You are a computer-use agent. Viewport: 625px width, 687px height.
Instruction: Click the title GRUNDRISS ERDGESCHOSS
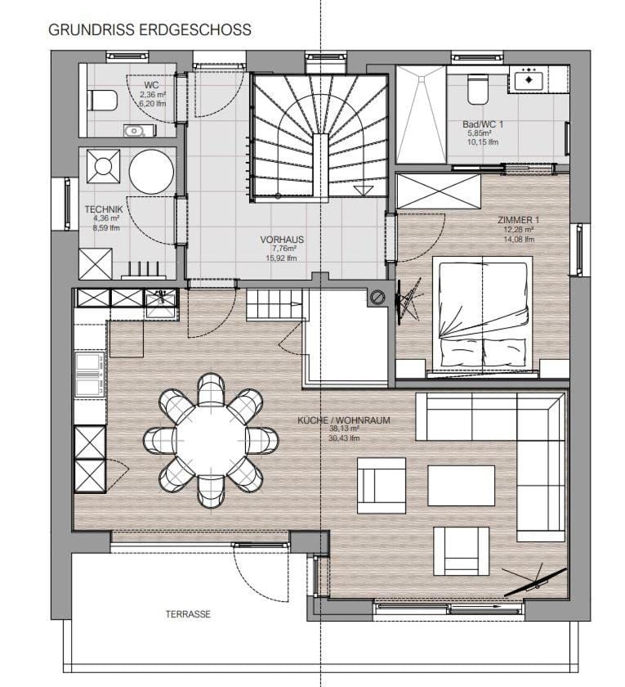[150, 30]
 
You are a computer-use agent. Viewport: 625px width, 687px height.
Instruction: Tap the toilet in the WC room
[101, 101]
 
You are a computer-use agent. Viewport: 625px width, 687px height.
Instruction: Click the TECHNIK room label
[103, 209]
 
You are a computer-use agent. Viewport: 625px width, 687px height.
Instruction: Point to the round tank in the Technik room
[151, 172]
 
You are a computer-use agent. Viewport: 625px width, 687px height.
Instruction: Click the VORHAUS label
[282, 240]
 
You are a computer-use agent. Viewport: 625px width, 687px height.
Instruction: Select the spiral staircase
[319, 135]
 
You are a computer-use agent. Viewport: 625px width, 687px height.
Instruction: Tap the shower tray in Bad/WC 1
[421, 114]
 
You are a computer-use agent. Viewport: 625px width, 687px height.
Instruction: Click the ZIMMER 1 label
[518, 221]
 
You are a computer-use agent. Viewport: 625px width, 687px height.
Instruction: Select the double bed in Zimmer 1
[482, 311]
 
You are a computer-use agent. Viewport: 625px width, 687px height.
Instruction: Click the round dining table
[211, 439]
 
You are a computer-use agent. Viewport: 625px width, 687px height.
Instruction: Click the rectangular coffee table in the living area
[461, 486]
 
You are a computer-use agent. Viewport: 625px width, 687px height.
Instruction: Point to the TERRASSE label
[188, 613]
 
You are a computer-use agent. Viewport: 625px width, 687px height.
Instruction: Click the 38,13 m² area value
[343, 429]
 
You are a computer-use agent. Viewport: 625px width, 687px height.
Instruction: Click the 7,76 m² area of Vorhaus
[282, 249]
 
